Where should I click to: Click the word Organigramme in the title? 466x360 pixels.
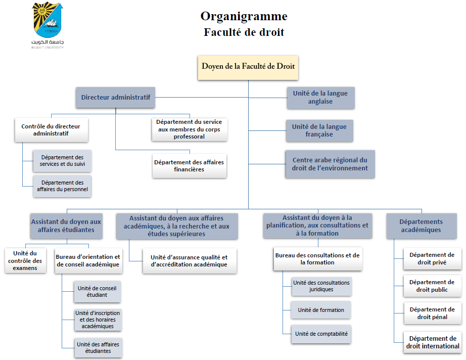click(x=244, y=16)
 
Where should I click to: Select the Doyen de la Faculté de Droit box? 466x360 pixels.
click(x=248, y=67)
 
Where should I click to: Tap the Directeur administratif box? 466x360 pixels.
click(x=116, y=97)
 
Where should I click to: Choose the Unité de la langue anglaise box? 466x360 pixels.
click(x=320, y=97)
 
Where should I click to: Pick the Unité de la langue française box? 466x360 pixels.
click(x=320, y=130)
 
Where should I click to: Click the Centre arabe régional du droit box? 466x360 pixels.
click(x=330, y=164)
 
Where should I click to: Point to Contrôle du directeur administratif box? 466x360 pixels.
click(x=51, y=130)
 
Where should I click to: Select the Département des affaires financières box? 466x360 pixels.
click(x=190, y=166)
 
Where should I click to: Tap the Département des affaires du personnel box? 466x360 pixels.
click(x=62, y=186)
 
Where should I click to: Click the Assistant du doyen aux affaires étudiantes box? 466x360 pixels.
click(x=66, y=226)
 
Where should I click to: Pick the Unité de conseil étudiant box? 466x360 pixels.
click(x=97, y=291)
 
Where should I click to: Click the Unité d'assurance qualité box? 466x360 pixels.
click(x=189, y=261)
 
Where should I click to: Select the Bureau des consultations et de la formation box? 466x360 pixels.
click(x=317, y=259)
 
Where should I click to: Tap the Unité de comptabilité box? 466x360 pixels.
click(x=320, y=334)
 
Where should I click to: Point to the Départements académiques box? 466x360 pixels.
click(x=421, y=226)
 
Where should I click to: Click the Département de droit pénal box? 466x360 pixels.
click(x=432, y=313)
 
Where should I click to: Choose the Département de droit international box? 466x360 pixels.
click(x=432, y=342)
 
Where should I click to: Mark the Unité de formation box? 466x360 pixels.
click(x=320, y=310)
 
